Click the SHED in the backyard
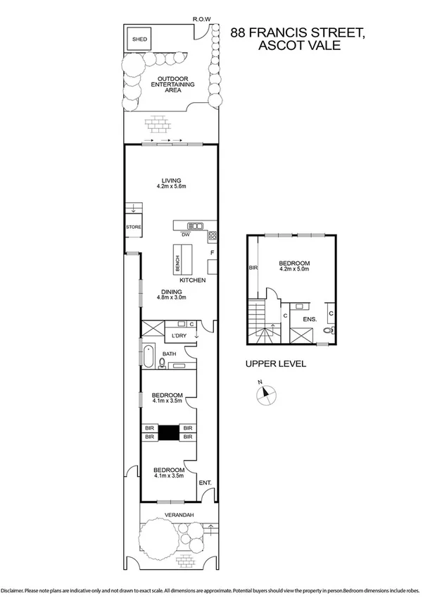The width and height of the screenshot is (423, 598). [x=139, y=39]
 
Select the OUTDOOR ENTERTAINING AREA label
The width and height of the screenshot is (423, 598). [x=169, y=84]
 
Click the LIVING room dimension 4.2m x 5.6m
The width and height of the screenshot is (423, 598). [x=170, y=187]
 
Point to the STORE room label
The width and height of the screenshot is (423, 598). [x=134, y=228]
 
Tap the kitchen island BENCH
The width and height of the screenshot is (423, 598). [x=177, y=261]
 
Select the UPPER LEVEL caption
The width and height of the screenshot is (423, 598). [x=274, y=364]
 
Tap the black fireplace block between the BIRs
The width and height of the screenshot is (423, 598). [x=169, y=432]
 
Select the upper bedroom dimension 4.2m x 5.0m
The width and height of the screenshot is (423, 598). [x=294, y=268]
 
